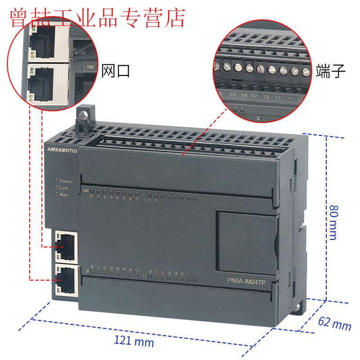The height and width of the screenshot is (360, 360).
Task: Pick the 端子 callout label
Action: [331, 71]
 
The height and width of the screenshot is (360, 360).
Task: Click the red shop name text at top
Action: [97, 17]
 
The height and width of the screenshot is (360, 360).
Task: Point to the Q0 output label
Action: [85, 191]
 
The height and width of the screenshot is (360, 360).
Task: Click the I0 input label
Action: [87, 271]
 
